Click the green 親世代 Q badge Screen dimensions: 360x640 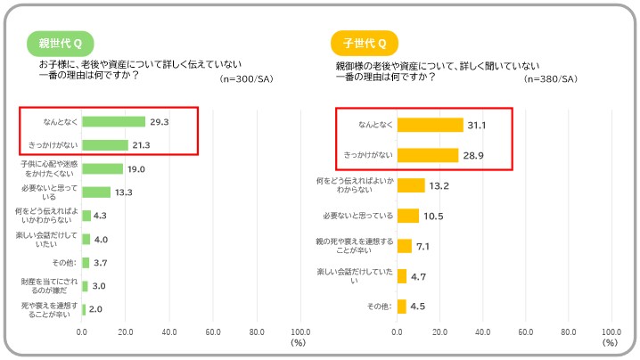(x=60, y=43)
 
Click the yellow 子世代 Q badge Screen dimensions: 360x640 (x=365, y=43)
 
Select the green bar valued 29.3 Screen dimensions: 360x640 (x=113, y=122)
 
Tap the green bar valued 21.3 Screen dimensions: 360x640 (x=104, y=145)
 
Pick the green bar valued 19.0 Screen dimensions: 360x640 (x=103, y=168)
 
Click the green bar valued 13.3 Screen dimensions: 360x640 (x=96, y=192)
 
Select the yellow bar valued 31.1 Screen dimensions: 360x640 (x=430, y=125)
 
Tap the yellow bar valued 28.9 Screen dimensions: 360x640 (x=427, y=155)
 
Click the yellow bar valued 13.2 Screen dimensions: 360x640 (x=411, y=185)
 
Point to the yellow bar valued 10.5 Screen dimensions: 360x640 (x=407, y=216)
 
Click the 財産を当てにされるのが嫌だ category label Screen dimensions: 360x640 (x=52, y=286)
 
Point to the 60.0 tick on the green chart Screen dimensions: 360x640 (x=213, y=332)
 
